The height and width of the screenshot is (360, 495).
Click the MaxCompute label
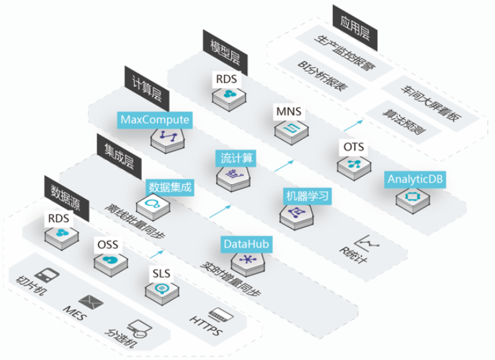155,120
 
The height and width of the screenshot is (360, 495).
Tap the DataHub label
247,244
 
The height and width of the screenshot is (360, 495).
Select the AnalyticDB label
415,179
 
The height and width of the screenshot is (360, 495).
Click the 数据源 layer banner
66,198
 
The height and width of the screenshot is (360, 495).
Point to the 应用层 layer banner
355,28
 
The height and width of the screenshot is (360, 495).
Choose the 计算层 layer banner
147,88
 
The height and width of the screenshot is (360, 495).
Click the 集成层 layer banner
119,156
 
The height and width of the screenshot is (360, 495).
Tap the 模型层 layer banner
225,52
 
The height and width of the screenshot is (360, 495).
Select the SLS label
161,273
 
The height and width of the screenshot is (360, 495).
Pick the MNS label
288,112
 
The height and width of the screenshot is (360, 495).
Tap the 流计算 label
237,158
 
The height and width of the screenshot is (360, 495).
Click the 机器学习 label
307,196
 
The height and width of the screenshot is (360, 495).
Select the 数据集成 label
170,187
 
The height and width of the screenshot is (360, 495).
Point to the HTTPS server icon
221,315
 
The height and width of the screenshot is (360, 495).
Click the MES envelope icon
91,302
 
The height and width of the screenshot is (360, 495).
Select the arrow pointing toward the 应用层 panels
353,126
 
